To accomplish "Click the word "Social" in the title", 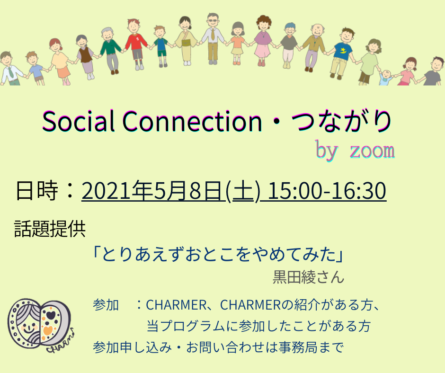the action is point(78,121).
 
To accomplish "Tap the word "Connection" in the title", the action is point(192,121).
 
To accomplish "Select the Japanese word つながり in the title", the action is point(341,121).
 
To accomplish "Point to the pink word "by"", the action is point(327,150).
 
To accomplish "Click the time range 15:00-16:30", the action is point(327,190).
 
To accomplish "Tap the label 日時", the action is point(37,190).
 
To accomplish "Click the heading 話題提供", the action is point(50,229).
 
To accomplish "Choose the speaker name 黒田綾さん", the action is point(309,277).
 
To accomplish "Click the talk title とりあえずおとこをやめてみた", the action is point(218,254).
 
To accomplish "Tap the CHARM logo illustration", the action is point(41,325).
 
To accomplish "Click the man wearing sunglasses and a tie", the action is point(213,39).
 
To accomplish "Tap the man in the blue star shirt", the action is point(342,53).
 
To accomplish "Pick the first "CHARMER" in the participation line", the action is point(176,305).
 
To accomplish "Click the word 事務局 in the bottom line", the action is point(298,347).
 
